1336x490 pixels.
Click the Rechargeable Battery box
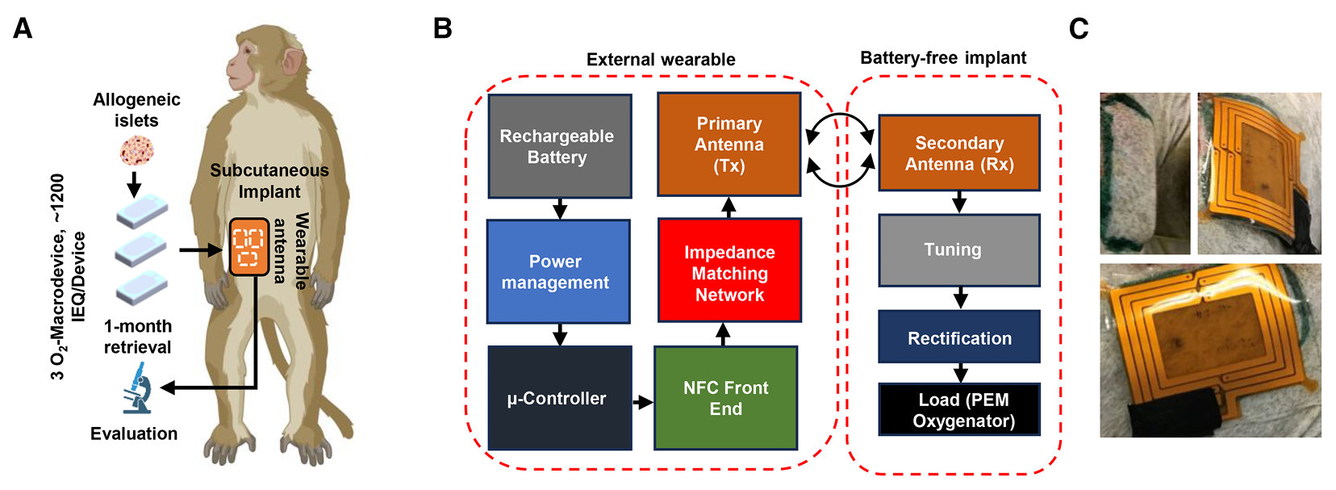(559, 146)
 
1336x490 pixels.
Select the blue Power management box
(558, 272)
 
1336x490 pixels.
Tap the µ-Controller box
(559, 398)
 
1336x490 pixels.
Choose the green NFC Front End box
(725, 398)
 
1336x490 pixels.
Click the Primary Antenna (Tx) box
(729, 144)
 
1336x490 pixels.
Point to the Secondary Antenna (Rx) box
(958, 153)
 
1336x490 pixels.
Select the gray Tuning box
(958, 250)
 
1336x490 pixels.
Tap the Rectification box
(958, 337)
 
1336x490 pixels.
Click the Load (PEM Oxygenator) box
(958, 410)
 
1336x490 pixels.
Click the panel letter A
(23, 29)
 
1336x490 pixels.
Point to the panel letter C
(1079, 29)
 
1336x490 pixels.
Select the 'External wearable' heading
(660, 60)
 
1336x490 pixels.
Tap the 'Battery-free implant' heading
(942, 58)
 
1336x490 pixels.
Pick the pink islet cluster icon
(136, 151)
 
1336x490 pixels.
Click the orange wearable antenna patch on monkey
(248, 247)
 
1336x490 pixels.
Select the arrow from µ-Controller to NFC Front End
(643, 401)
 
